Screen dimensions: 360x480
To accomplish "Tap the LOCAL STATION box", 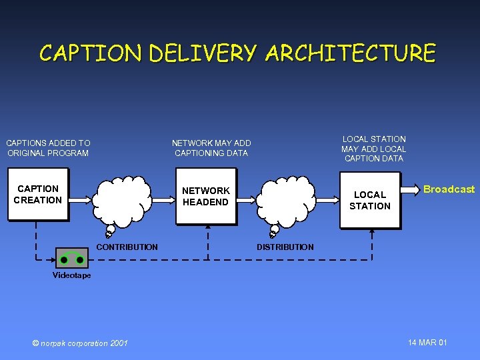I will [x=370, y=200].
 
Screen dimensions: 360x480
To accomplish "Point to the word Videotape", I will [x=71, y=275].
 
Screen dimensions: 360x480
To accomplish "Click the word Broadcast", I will [x=449, y=189].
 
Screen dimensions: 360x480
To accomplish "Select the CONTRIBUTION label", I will [x=127, y=247].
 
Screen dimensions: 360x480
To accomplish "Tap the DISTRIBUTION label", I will [x=285, y=247].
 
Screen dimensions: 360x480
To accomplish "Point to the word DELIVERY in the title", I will [x=202, y=53].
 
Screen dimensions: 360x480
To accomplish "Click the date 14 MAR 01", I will [x=427, y=343].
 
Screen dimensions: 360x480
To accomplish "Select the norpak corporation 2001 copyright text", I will [x=80, y=343].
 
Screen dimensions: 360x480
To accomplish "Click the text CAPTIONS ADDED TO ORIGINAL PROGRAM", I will [x=48, y=148].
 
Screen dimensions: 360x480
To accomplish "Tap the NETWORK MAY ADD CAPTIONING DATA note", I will [x=211, y=148].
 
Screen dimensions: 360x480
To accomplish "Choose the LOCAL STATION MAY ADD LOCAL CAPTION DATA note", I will [x=373, y=149].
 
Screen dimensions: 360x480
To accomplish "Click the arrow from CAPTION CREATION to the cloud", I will [x=79, y=198].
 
